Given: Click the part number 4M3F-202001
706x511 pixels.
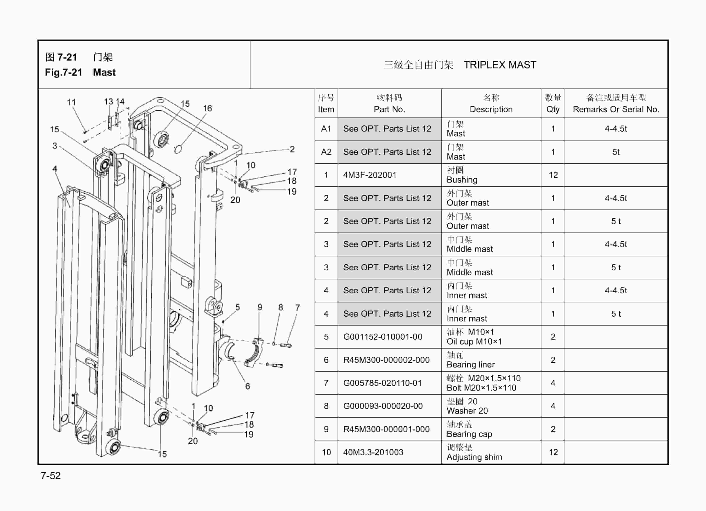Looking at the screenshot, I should click(x=370, y=175).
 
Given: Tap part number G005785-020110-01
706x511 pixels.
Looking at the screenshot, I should click(x=382, y=383).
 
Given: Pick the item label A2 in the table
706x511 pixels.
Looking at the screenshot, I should click(x=326, y=152).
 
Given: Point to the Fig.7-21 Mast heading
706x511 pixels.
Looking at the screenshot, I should click(x=80, y=72).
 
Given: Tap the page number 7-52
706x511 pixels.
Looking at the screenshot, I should click(x=51, y=476).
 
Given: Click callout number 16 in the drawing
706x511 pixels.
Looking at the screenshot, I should click(x=207, y=108).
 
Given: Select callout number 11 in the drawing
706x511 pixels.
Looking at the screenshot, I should click(x=71, y=102).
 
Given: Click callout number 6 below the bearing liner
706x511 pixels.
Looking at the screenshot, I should click(x=247, y=386).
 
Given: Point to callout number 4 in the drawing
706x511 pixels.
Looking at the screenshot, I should click(x=55, y=168).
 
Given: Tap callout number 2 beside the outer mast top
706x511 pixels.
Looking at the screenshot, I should click(x=292, y=149).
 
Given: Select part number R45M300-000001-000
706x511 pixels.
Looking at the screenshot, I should click(x=386, y=429).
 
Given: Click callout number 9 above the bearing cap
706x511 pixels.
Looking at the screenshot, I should click(x=260, y=307).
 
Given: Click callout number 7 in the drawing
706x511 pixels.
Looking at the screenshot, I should click(x=297, y=308).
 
